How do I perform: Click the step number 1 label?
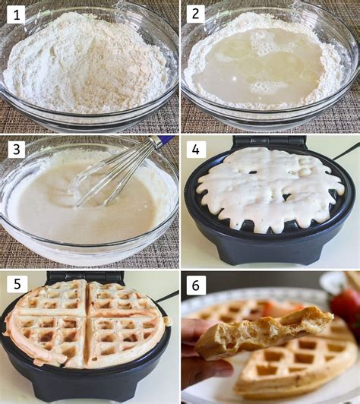(x=16, y=14)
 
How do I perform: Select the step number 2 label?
(x=196, y=14)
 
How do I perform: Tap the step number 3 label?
(x=16, y=149)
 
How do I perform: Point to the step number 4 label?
(x=196, y=149)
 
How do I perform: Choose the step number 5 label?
(x=16, y=284)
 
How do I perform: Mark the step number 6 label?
(x=196, y=284)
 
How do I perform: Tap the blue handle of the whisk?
(x=163, y=141)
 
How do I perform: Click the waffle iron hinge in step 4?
(x=270, y=142)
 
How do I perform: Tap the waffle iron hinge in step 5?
(x=87, y=277)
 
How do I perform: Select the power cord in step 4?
(x=346, y=150)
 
